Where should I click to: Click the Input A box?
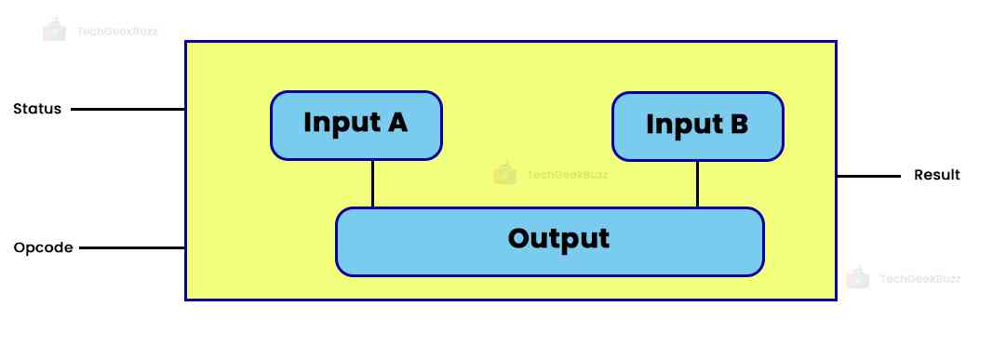356,125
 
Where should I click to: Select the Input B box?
697,126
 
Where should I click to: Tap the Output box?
549,241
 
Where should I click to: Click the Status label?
37,109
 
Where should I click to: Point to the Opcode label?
43,248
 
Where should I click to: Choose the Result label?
936,175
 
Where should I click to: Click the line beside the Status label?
127,109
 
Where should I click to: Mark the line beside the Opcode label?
131,248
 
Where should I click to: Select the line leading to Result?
868,175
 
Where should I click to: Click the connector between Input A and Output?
372,183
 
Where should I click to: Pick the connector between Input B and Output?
697,183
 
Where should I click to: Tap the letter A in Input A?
396,123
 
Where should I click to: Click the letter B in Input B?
738,125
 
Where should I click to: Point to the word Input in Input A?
339,123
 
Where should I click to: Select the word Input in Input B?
680,125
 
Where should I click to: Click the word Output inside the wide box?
558,239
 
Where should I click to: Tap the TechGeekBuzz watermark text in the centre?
567,174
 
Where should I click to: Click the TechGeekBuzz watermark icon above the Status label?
55,30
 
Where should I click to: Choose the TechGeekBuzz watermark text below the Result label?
919,278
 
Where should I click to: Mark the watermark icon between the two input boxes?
504,173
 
